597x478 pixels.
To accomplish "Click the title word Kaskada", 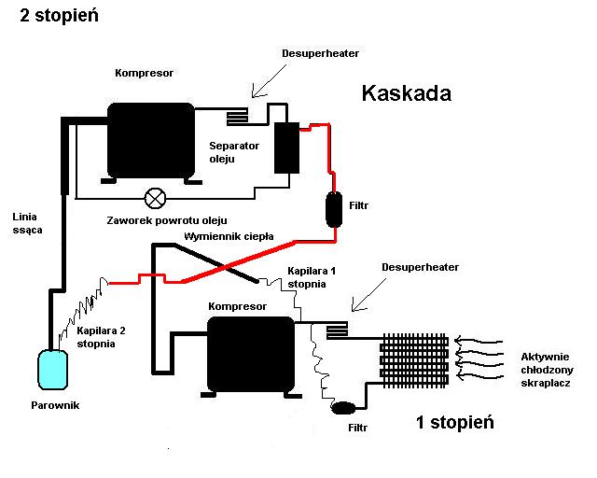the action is (407, 93).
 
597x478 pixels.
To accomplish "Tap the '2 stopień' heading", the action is (59, 16).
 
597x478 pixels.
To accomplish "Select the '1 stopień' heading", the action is (455, 422).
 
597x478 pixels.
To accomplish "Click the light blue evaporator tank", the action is (52, 370).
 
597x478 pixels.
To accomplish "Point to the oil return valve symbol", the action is (156, 198).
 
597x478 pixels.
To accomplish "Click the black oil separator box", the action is (286, 148).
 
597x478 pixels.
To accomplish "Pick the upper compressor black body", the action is (151, 141).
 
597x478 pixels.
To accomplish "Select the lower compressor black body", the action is (251, 355).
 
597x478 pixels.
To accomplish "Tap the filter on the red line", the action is (334, 210).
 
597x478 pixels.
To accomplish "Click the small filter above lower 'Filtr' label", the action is (343, 408).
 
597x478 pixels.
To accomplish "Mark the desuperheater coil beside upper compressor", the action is (237, 117).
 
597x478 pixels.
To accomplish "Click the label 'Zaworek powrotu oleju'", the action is (167, 220).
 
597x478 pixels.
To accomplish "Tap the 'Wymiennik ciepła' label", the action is (229, 236).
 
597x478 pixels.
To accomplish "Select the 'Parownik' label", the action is (55, 405).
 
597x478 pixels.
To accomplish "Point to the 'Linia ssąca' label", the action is (27, 223).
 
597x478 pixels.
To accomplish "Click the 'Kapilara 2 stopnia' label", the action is (101, 337).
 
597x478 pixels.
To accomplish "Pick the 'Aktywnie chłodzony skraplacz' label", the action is (548, 370).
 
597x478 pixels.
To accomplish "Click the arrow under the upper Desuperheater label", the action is (269, 81).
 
